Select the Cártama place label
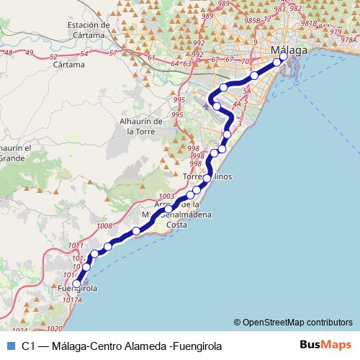point(70,63)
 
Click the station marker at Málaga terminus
point(283,56)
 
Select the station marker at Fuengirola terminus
point(77,284)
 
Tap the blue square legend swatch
point(9,346)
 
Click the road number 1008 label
point(104,226)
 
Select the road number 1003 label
point(166,196)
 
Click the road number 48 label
point(8,53)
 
